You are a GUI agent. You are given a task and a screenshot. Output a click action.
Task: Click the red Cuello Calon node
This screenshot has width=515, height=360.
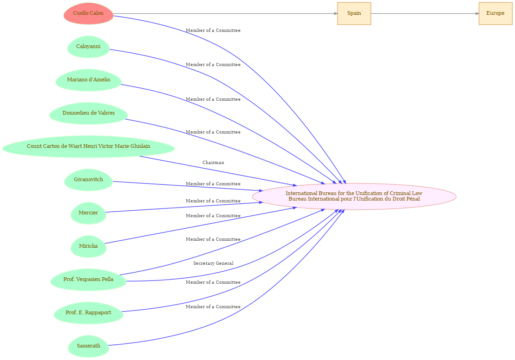[x=88, y=13]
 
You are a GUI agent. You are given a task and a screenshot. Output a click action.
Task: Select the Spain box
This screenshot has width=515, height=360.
[x=354, y=13]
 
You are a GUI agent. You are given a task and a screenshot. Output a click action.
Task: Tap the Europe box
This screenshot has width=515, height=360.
[x=495, y=13]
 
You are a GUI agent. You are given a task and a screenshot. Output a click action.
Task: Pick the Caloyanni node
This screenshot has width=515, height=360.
[x=88, y=47]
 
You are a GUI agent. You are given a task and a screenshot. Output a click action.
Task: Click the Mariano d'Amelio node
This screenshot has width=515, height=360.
[x=88, y=80]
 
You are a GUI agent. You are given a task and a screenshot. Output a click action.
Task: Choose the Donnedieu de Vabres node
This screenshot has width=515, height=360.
[x=88, y=113]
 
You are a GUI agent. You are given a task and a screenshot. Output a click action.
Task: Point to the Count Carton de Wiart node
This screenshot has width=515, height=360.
[x=88, y=146]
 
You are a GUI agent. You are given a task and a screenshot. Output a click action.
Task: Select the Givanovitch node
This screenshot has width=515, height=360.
[x=88, y=180]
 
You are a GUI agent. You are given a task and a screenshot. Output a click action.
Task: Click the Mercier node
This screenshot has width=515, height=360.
[x=88, y=213]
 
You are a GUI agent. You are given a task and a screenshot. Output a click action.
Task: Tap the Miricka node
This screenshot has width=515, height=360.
[x=88, y=246]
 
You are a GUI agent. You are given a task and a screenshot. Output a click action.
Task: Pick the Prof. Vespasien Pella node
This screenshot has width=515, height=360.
[x=88, y=280]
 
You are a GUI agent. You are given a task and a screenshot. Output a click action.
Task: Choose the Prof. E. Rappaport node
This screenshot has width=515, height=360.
[x=88, y=313]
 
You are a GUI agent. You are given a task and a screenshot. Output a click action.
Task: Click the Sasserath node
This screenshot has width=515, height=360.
[x=88, y=346]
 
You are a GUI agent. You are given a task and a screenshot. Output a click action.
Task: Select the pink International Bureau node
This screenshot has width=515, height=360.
[x=354, y=196]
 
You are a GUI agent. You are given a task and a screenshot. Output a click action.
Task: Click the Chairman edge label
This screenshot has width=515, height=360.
[x=213, y=163]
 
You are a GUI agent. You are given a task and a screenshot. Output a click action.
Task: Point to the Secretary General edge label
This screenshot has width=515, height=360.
[x=213, y=263]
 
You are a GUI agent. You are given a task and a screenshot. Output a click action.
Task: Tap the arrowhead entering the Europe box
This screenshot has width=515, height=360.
[x=477, y=13]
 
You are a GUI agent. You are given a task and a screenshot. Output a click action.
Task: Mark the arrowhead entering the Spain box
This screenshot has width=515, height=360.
[x=336, y=13]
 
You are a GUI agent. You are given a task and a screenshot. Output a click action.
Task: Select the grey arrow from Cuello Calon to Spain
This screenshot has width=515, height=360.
[x=225, y=13]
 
